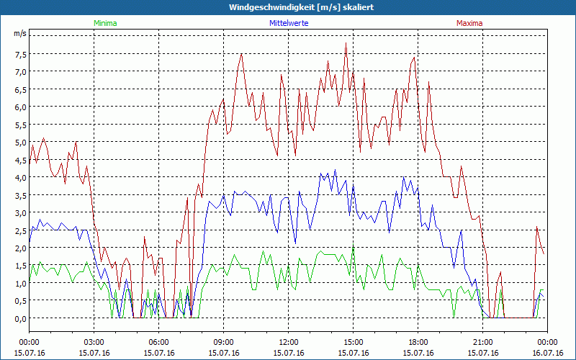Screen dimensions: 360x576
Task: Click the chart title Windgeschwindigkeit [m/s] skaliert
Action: [x=288, y=7]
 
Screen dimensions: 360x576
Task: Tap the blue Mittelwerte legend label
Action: [x=288, y=23]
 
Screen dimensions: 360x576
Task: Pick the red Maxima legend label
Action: [x=469, y=23]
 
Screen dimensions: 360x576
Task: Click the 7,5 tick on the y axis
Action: [x=19, y=54]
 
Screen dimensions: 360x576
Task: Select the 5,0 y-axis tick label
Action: [x=19, y=142]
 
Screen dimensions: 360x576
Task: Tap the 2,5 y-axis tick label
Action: [x=19, y=230]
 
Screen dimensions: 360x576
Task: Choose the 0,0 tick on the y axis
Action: [x=19, y=318]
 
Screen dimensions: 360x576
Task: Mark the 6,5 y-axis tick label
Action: [x=19, y=89]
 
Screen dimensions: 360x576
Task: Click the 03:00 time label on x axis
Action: [x=94, y=342]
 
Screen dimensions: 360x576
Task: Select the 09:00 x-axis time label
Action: [x=224, y=342]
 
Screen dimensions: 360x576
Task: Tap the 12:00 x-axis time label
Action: [x=289, y=342]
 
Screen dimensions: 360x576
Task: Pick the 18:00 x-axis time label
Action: [x=418, y=342]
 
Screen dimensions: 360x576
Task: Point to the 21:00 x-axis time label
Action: [x=483, y=342]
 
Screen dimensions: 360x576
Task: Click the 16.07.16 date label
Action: [x=547, y=353]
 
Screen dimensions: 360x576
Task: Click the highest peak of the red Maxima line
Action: [x=346, y=43]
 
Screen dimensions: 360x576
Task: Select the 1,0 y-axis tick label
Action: [x=19, y=283]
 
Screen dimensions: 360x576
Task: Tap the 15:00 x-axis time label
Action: [x=354, y=342]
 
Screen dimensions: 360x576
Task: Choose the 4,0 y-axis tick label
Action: [x=19, y=177]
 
